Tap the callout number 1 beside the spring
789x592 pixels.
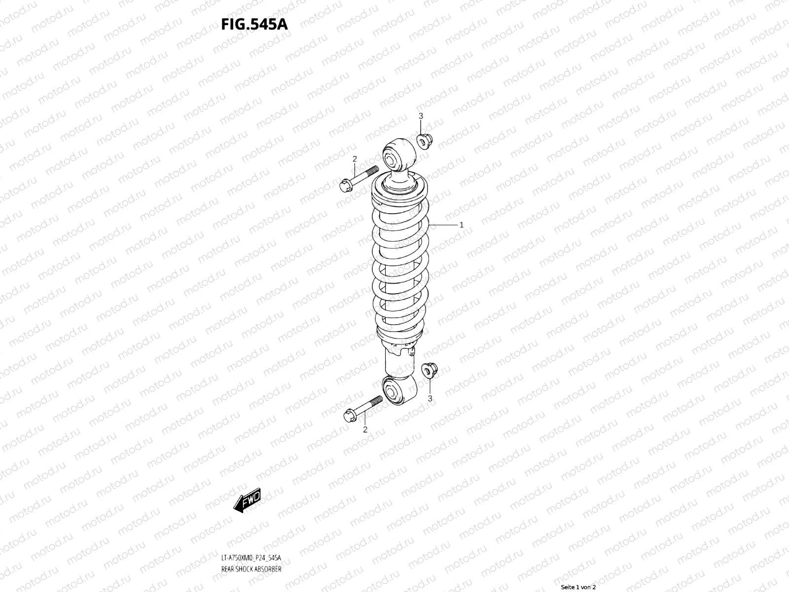coord(461,225)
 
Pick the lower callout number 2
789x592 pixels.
coord(365,430)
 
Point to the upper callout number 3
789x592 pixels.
coord(421,116)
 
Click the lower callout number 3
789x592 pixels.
coord(430,398)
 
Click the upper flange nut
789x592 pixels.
coord(424,141)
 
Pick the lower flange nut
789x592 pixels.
coord(430,370)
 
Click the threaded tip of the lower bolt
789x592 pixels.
coord(377,400)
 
